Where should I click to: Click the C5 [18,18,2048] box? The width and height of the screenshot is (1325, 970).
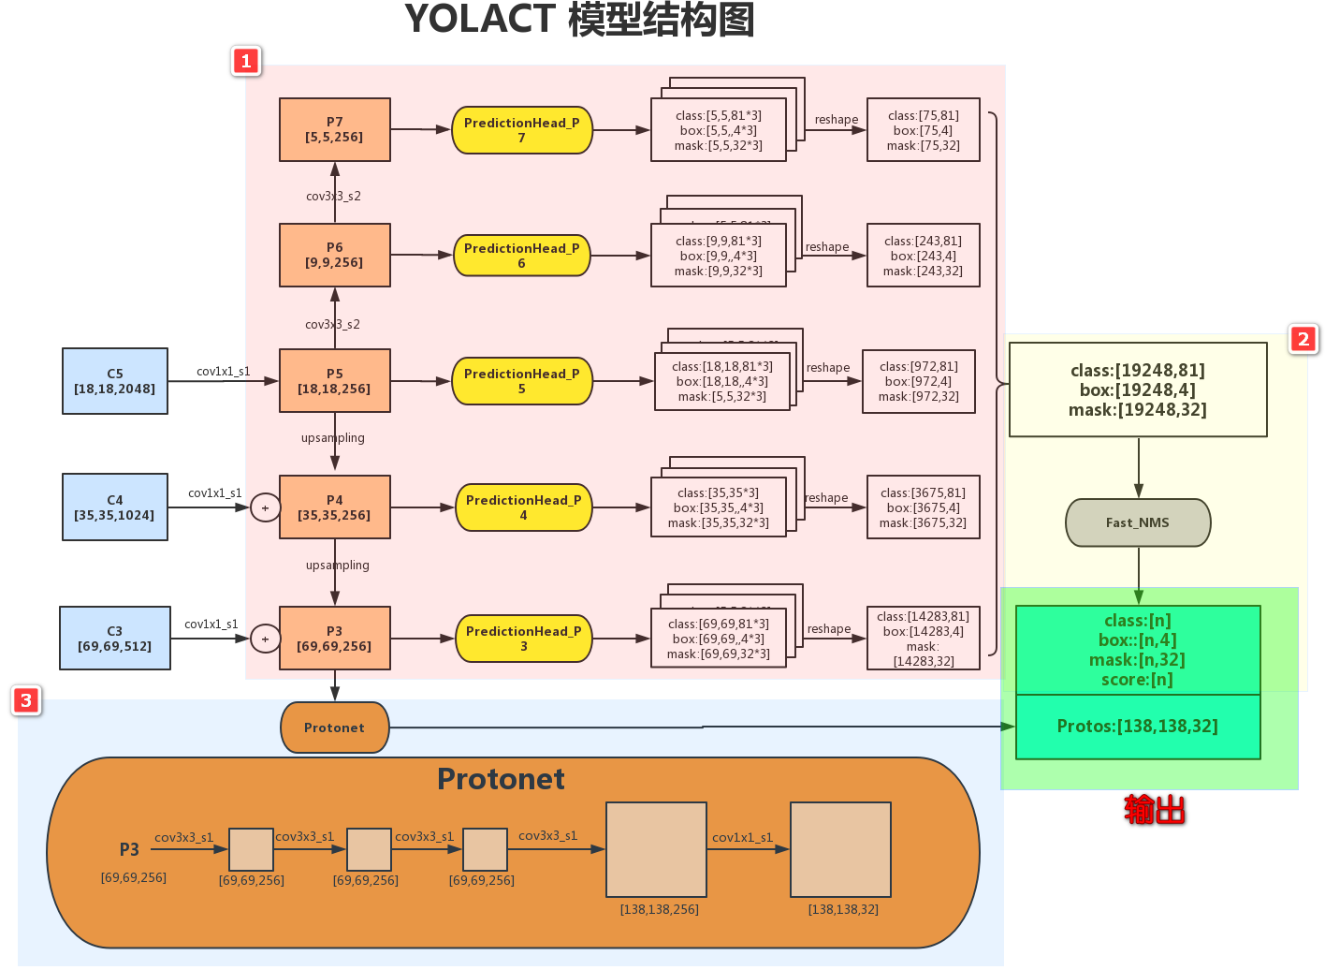(x=115, y=381)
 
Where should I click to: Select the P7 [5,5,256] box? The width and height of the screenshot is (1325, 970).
(x=334, y=130)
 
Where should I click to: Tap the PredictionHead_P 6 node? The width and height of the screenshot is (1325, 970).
(x=521, y=256)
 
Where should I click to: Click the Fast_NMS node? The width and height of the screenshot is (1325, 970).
(x=1138, y=522)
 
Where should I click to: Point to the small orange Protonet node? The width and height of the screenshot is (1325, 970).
(x=334, y=727)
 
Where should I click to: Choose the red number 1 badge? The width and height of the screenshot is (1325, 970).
(x=246, y=61)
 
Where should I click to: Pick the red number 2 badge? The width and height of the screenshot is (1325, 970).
(x=1303, y=339)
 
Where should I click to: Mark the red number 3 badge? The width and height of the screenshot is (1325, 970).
(x=26, y=700)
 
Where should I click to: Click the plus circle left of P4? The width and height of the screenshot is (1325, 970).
(x=265, y=507)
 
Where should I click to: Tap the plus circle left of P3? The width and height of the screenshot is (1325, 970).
(x=265, y=639)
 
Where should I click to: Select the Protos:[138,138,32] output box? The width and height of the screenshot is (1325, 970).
(x=1138, y=727)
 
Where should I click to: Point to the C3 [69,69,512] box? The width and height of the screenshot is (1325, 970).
(x=115, y=639)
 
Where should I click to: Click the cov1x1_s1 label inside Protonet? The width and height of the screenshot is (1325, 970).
(x=742, y=838)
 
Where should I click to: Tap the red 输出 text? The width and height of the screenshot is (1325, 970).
(x=1155, y=810)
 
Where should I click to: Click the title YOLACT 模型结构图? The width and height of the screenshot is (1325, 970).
(x=579, y=20)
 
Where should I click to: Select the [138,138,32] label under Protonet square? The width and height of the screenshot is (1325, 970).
(x=843, y=909)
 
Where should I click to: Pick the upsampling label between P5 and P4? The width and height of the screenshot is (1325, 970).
(x=333, y=438)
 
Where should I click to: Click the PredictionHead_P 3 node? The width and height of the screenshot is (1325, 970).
(x=523, y=639)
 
